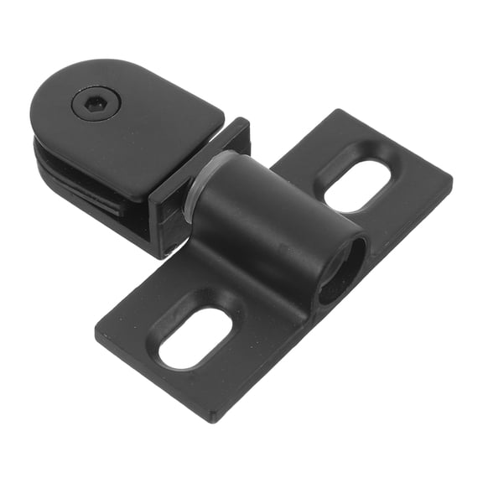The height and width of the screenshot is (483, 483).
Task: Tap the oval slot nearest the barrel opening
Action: pyautogui.click(x=357, y=185)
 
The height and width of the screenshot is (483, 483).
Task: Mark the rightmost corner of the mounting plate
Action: pyautogui.click(x=451, y=179)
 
